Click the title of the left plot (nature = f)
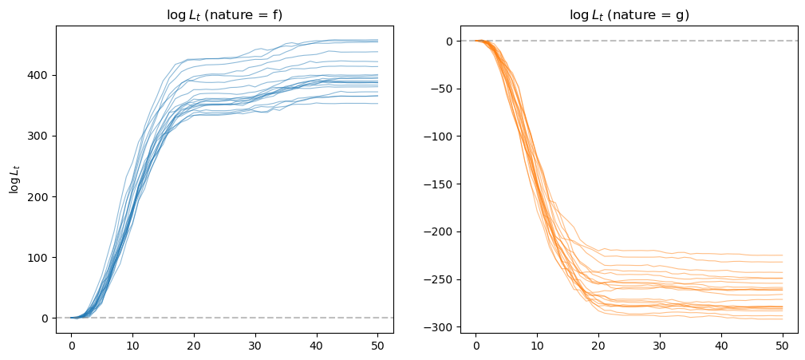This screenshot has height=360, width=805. coord(224,15)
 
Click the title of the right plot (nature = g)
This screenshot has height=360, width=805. coord(629,15)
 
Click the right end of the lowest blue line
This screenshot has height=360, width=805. coord(378,103)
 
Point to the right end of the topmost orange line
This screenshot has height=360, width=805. coord(783,255)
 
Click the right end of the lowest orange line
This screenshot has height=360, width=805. coord(783,319)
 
